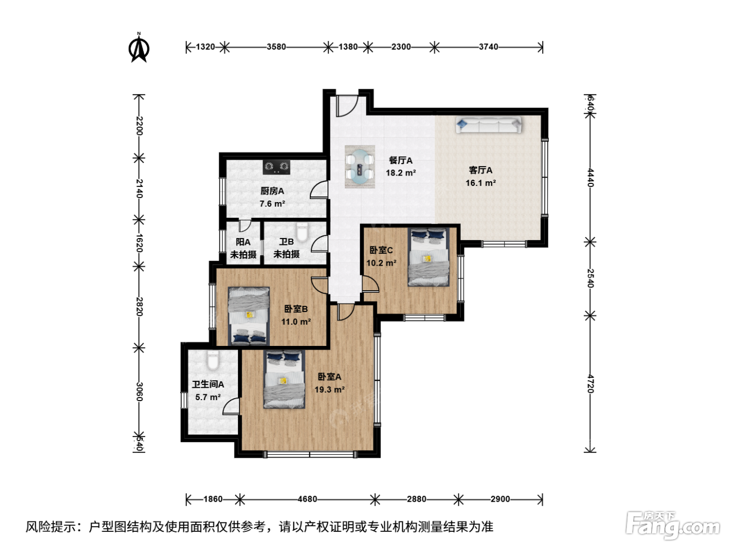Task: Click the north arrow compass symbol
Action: coord(139,48)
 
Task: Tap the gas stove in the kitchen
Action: coord(276,167)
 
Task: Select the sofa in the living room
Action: coord(488,125)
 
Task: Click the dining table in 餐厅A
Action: coord(360,167)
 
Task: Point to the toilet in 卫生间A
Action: coord(212,360)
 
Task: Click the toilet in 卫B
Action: coord(302,232)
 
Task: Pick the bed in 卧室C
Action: coord(429,256)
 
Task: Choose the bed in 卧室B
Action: coord(249,316)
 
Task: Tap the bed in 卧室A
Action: coord(284,379)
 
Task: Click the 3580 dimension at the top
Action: coord(276,47)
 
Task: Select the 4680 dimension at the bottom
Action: coord(307,499)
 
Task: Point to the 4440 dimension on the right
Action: coord(590,178)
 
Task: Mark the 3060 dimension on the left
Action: coord(140,392)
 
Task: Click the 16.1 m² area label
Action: coord(481,183)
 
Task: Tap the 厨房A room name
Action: coord(272,191)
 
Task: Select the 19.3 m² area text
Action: coord(330,389)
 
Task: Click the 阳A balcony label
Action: coord(243,242)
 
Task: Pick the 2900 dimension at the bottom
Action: coord(500,499)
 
